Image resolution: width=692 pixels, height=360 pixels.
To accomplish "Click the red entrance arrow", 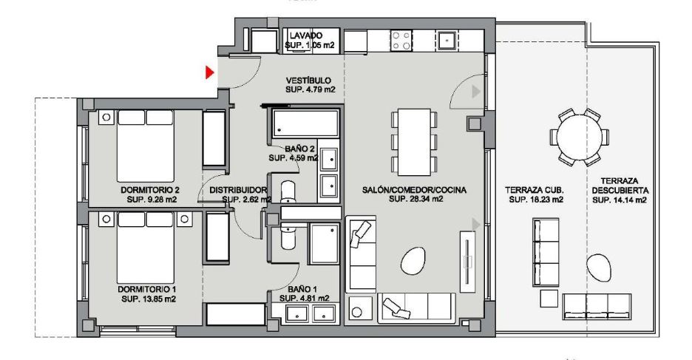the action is (x=210, y=72).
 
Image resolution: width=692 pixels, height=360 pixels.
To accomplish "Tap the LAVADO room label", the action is (x=306, y=35).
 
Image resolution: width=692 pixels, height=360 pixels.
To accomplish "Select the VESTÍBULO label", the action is (x=308, y=81).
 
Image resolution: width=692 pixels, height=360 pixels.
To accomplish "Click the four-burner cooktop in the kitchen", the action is (x=401, y=40).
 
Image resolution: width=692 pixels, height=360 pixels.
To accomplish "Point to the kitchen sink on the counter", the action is (x=447, y=40).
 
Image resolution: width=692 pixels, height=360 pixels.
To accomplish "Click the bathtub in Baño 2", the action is (x=306, y=123).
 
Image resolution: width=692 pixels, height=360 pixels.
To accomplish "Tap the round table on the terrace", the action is (x=579, y=137).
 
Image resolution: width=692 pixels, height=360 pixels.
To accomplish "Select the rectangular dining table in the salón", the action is (x=414, y=142).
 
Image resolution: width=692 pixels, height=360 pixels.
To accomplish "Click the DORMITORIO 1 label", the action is (x=147, y=290).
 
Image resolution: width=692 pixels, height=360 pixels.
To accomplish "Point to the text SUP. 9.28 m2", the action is (x=152, y=200).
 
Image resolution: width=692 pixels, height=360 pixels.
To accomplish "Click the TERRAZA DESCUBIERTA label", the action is (x=620, y=186).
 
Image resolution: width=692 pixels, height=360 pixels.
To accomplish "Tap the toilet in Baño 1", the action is (x=288, y=236).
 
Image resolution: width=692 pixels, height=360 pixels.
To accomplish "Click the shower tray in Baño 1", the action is (x=325, y=243).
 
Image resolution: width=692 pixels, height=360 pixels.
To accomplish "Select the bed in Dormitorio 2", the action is (x=145, y=146).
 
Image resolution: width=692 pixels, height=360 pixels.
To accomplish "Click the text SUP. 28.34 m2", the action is (x=416, y=199).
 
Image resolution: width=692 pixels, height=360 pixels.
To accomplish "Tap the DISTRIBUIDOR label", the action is (x=238, y=190).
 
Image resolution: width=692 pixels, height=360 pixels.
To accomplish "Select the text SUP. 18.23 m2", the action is (x=536, y=200).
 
